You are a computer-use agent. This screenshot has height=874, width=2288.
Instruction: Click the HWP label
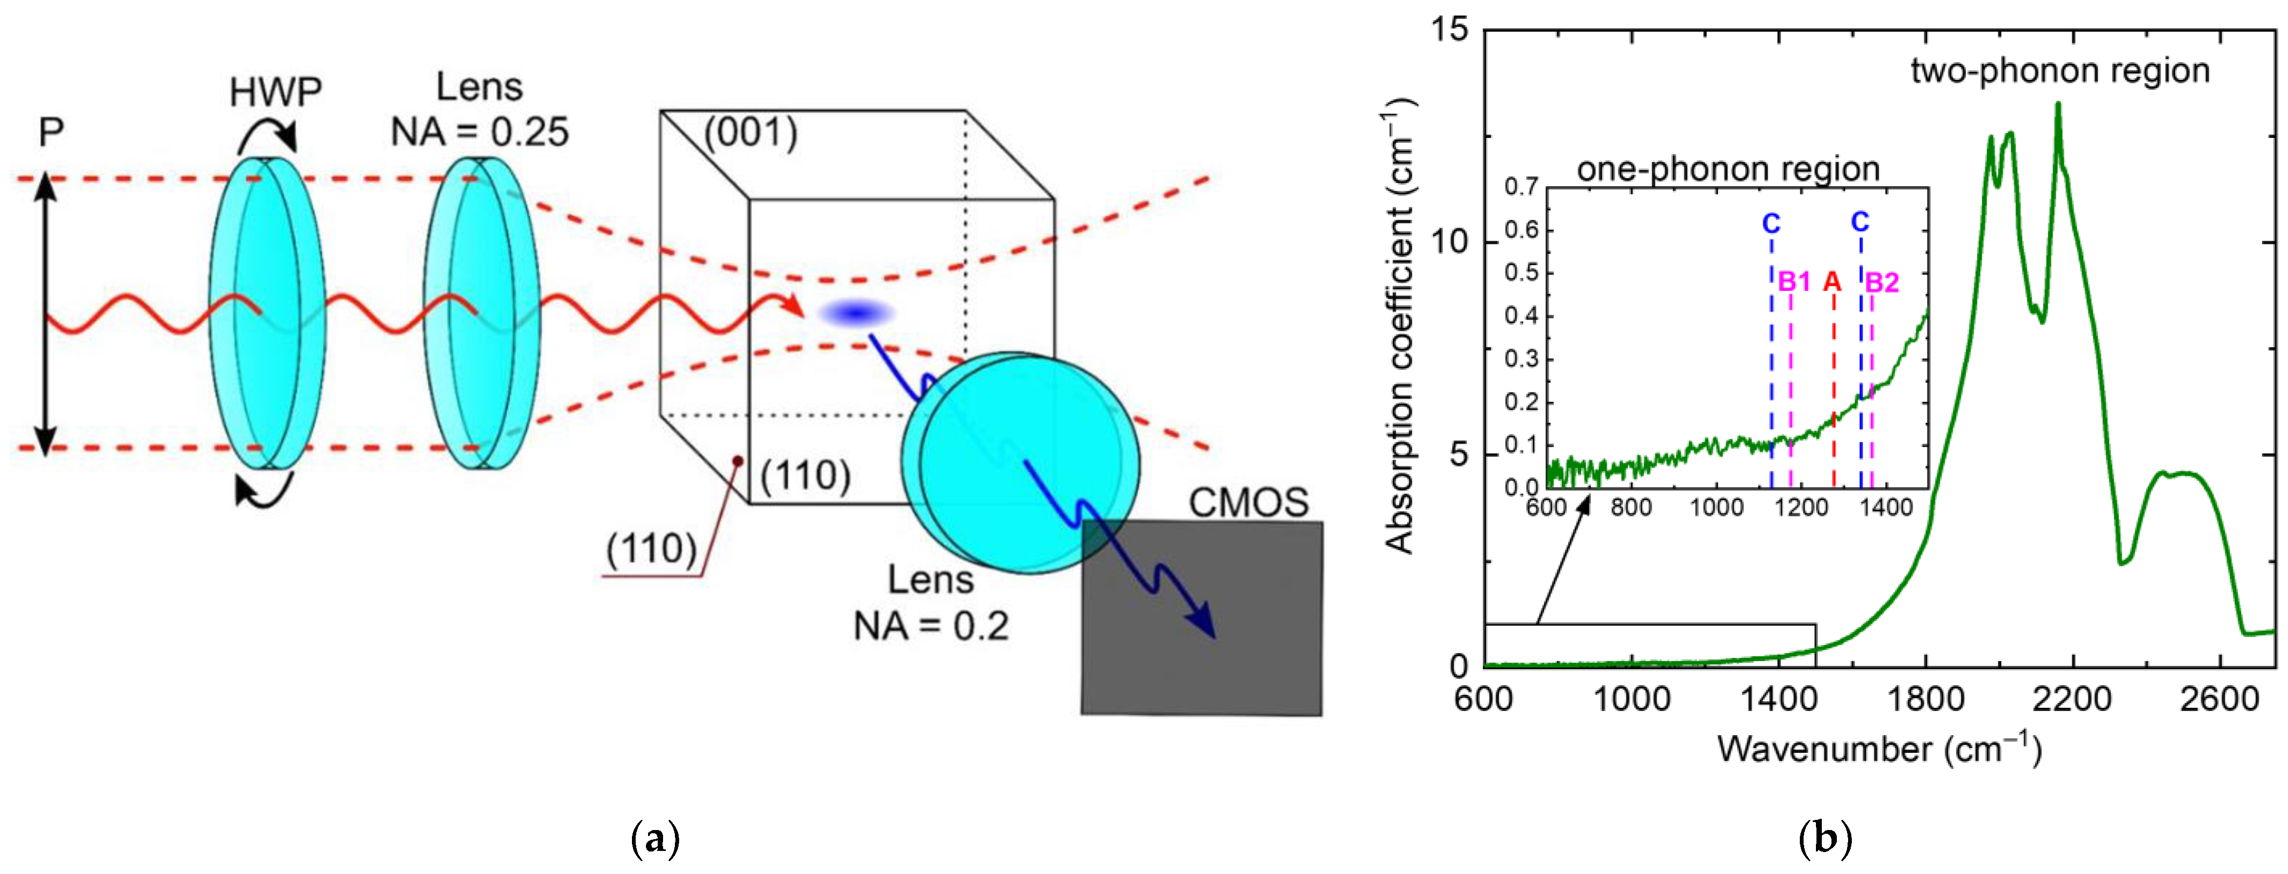(x=275, y=92)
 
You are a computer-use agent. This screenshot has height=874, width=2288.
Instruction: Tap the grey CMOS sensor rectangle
(x=1226, y=640)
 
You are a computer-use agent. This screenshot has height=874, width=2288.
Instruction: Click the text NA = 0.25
(x=480, y=132)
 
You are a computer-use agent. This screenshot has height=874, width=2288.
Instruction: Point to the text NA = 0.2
(x=931, y=627)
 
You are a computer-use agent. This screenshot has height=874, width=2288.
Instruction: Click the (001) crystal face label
(x=751, y=133)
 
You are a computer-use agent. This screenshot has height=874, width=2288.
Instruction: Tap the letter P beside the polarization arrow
(x=52, y=133)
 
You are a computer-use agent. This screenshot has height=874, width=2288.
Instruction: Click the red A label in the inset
(x=1831, y=283)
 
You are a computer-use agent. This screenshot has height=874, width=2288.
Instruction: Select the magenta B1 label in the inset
(x=1793, y=283)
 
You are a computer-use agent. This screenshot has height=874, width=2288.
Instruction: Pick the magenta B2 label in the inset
(x=1881, y=283)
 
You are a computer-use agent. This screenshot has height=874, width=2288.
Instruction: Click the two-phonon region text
(x=2059, y=71)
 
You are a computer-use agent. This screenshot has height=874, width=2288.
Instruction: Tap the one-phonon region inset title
(x=1727, y=169)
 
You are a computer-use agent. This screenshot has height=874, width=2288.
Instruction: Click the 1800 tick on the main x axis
(x=1925, y=699)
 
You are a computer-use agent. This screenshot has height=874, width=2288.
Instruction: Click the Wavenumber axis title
(x=1879, y=749)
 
